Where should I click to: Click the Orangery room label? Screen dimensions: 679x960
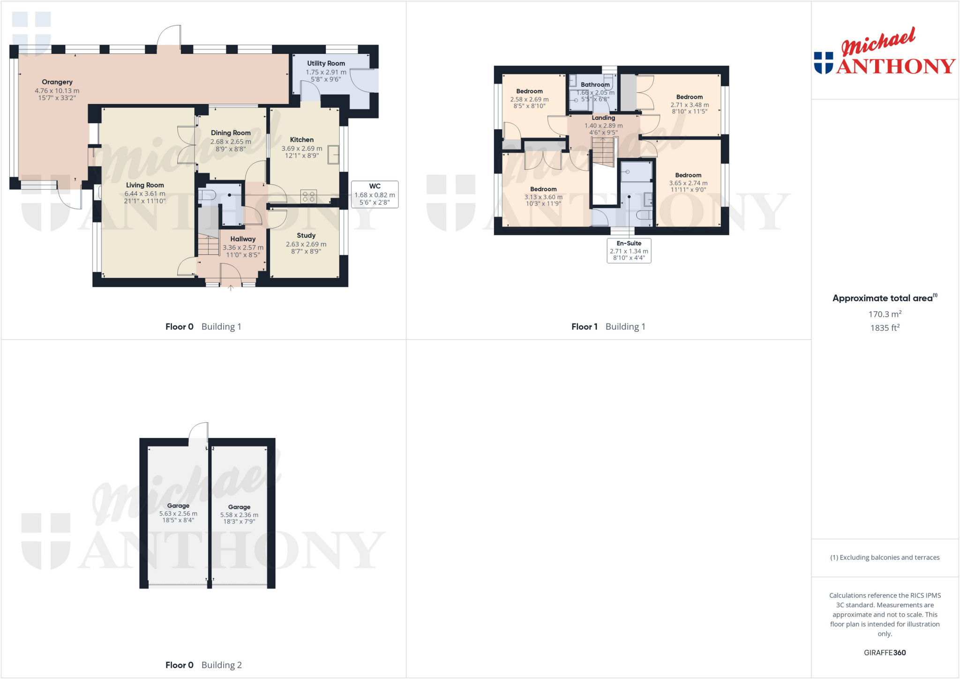click(x=57, y=82)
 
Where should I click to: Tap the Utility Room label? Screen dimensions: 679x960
click(x=326, y=63)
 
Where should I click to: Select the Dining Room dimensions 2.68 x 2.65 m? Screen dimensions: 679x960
click(x=231, y=142)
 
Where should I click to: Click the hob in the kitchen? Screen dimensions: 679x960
click(x=308, y=196)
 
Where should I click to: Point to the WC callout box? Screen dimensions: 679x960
click(x=375, y=194)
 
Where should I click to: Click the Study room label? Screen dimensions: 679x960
click(x=306, y=235)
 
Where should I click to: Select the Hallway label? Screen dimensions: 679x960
click(x=243, y=239)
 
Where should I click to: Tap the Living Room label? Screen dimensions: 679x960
click(x=145, y=185)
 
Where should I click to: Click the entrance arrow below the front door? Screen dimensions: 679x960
click(x=231, y=288)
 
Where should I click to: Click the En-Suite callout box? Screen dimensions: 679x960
click(x=629, y=251)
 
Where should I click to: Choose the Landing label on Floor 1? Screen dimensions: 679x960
click(x=603, y=118)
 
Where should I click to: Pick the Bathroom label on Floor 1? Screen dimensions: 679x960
click(x=595, y=85)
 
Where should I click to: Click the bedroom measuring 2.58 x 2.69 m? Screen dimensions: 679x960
click(x=529, y=99)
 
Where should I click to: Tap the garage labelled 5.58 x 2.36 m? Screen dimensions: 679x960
click(x=239, y=515)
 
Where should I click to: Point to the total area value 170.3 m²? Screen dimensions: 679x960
click(x=885, y=314)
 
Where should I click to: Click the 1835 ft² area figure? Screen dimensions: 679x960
click(x=885, y=328)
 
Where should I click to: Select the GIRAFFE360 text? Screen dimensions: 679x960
click(x=885, y=653)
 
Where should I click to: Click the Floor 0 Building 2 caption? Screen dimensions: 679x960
click(x=203, y=665)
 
